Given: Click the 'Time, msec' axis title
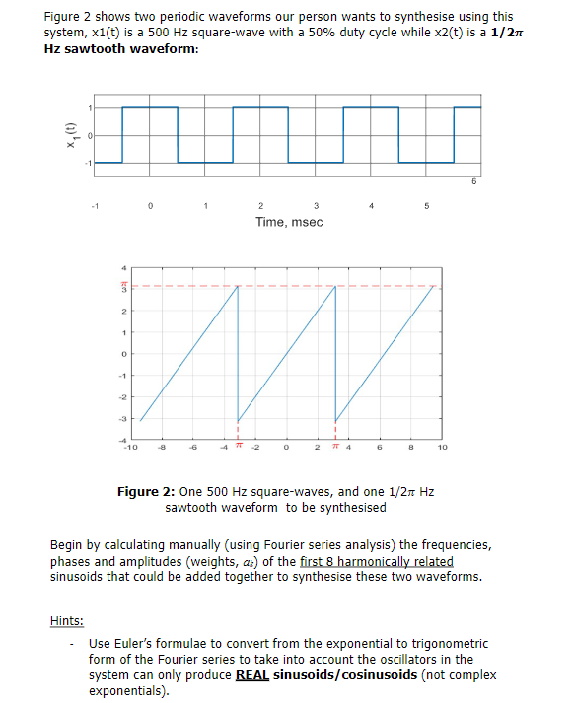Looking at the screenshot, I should (x=289, y=222).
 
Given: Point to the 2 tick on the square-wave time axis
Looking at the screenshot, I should (x=259, y=206).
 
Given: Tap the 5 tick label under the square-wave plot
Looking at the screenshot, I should (x=425, y=206).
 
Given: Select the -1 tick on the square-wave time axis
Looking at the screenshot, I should (x=94, y=206).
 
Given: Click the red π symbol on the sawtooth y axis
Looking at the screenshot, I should (x=124, y=287).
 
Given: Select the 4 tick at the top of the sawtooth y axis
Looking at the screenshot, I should (x=124, y=267).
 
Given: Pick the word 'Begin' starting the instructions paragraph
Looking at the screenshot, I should (x=66, y=545).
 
